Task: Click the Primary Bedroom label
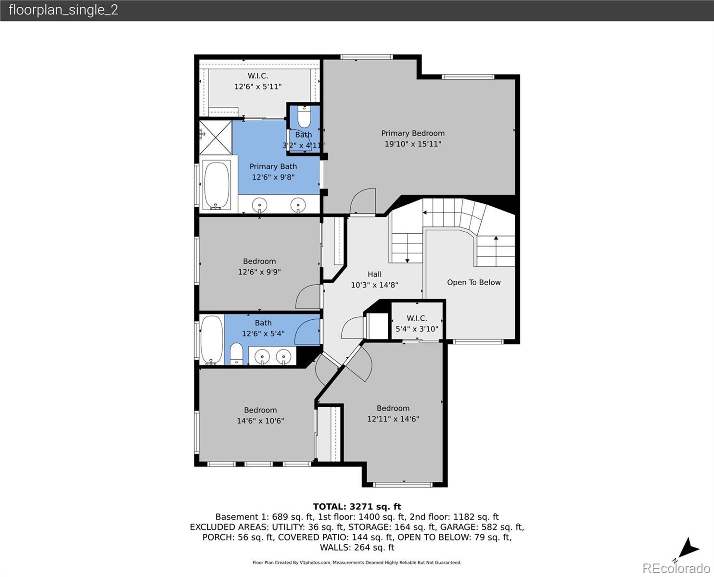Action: (x=413, y=133)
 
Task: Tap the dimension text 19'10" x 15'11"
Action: (x=413, y=144)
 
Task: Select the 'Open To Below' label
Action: (x=473, y=282)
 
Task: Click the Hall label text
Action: (x=374, y=274)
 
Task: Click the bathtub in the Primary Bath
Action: (x=217, y=185)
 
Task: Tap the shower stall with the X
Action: (x=216, y=138)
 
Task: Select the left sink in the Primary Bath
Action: (x=259, y=204)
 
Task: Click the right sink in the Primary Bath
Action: (x=298, y=205)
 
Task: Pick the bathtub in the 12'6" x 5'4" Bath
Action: (x=212, y=340)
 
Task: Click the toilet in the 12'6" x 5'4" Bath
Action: (x=236, y=354)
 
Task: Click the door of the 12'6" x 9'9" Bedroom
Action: (x=308, y=297)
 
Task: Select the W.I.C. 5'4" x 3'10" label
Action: (x=417, y=324)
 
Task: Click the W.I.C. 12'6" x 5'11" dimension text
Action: (x=258, y=87)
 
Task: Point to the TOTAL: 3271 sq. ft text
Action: (x=357, y=507)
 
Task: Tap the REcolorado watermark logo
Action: (x=676, y=568)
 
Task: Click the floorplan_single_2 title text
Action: (x=64, y=10)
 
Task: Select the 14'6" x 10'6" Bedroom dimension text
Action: (x=260, y=421)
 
